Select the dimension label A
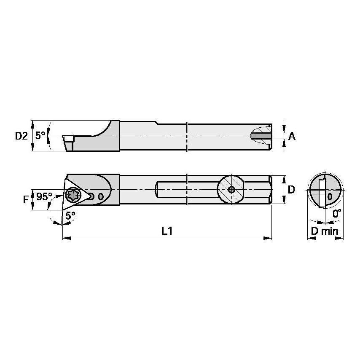292,136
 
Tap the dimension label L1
167,231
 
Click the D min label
325,231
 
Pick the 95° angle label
44,196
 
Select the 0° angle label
336,214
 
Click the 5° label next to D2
40,136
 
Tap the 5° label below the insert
70,215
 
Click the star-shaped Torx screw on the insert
73,195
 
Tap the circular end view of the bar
324,191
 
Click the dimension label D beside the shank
291,190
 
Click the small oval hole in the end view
330,197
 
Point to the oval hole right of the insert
100,196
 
